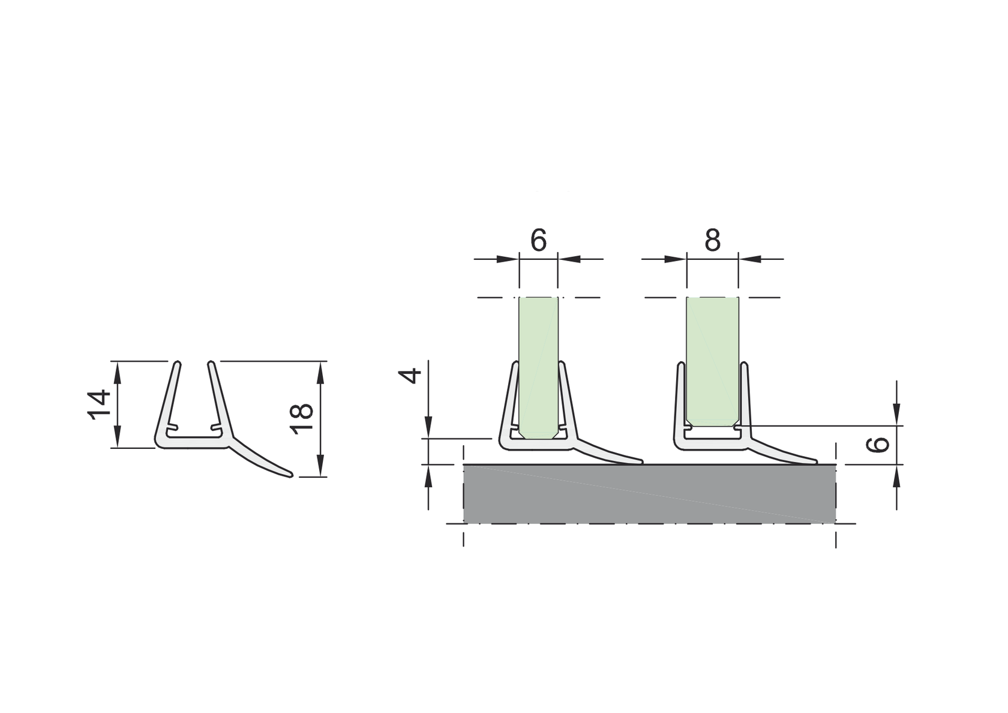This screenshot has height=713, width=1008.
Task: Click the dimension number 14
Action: coord(100,405)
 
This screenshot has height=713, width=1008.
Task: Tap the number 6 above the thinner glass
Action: coord(538,240)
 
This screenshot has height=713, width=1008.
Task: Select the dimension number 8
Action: coord(712,240)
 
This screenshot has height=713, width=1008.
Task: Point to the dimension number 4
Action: coord(411,376)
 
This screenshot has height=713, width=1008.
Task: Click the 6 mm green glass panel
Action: coord(538,366)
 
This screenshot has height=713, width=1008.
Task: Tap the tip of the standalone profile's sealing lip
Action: coord(291,475)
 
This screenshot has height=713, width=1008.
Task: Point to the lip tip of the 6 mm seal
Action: coord(641,462)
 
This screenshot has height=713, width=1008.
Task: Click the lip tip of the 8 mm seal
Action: coord(815,462)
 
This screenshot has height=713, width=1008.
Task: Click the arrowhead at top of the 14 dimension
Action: coord(118,367)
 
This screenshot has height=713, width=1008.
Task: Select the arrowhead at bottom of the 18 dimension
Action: coord(320,469)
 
